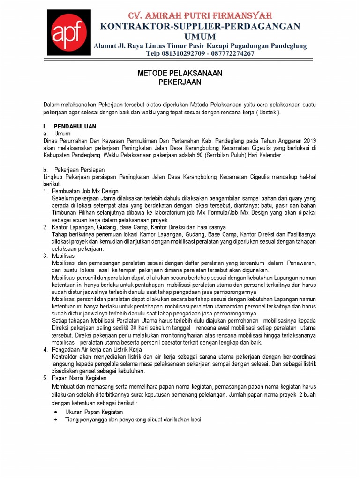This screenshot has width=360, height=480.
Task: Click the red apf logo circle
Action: pyautogui.click(x=67, y=33)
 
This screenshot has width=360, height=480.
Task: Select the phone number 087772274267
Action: pyautogui.click(x=230, y=53)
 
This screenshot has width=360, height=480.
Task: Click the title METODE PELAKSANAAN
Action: pyautogui.click(x=180, y=73)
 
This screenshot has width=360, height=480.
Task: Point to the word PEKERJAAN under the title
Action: pyautogui.click(x=180, y=82)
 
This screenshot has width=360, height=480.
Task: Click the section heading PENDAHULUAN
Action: pyautogui.click(x=75, y=127)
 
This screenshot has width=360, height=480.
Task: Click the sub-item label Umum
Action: pyautogui.click(x=62, y=134)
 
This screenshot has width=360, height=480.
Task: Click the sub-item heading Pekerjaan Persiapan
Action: pyautogui.click(x=79, y=169)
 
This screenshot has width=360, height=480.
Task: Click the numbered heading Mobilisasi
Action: pyautogui.click(x=64, y=256)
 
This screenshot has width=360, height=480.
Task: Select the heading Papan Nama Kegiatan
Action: pyautogui.click(x=79, y=378)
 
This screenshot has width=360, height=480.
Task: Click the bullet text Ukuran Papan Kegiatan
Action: pyautogui.click(x=94, y=412)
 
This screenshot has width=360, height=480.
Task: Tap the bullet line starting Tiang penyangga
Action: pyautogui.click(x=134, y=420)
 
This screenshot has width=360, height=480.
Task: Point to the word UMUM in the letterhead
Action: pyautogui.click(x=200, y=36)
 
